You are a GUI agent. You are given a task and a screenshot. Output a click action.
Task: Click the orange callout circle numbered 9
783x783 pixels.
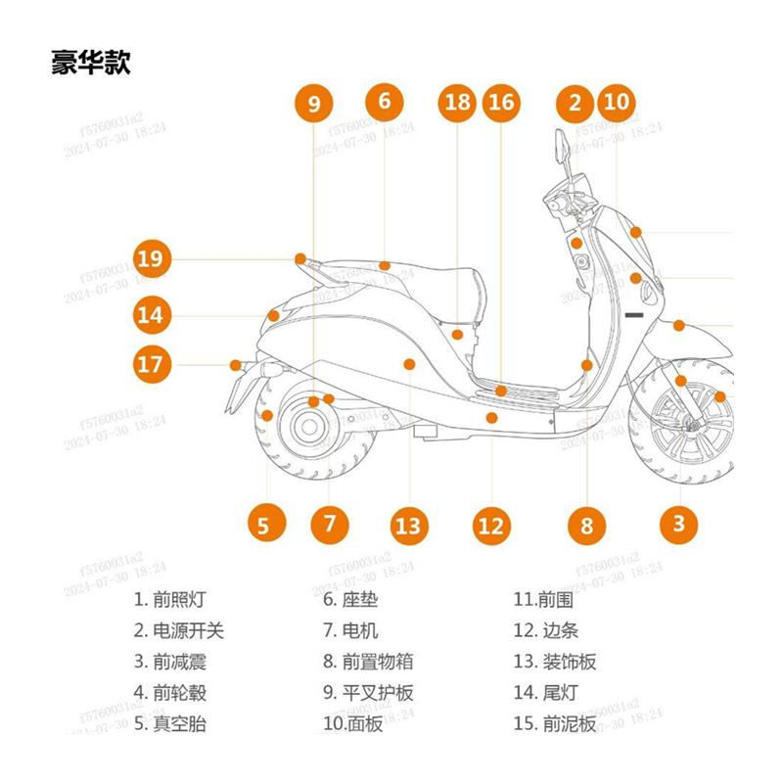[313, 104]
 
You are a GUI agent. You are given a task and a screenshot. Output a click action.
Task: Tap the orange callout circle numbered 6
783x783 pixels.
[385, 101]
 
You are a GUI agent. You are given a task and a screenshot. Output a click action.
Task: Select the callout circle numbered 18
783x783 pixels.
[457, 103]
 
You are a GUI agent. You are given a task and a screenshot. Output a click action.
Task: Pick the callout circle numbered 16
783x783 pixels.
[500, 103]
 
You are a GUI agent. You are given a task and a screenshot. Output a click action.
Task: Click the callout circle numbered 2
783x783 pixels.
[575, 103]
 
